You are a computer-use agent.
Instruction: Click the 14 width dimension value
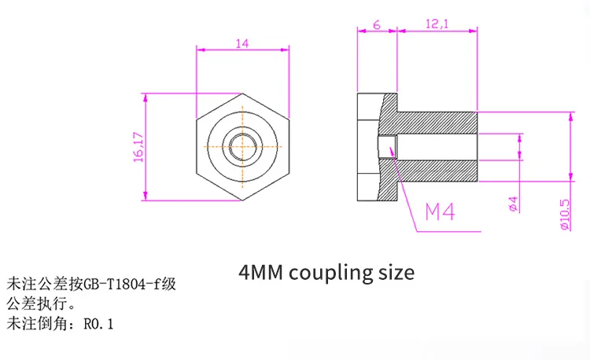pos(242,44)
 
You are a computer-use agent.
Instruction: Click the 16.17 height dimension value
pos(138,146)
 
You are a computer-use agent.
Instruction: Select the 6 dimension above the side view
pos(377,25)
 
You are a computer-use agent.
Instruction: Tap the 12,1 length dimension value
pos(437,25)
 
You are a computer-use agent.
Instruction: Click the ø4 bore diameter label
pos(512,203)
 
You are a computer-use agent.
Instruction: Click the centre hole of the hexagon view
pos(242,146)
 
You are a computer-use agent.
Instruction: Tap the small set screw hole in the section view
pos(386,147)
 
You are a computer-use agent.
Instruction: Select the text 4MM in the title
pos(260,273)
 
